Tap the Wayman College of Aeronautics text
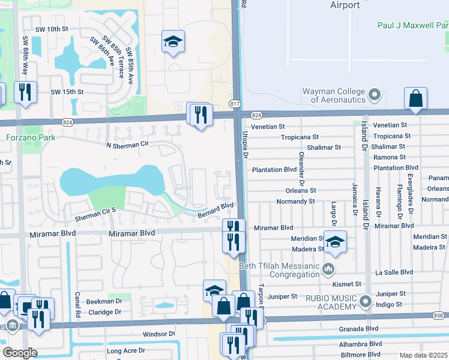pyautogui.click(x=334, y=95)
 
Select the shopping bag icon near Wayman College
pyautogui.click(x=415, y=98)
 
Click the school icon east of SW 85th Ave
pyautogui.click(x=173, y=41)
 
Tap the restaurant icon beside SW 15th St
pyautogui.click(x=25, y=92)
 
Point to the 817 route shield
pyautogui.click(x=234, y=103)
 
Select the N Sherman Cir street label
pyautogui.click(x=127, y=145)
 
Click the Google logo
pyautogui.click(x=20, y=353)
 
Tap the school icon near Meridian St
pyautogui.click(x=335, y=241)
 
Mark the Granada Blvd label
pyautogui.click(x=359, y=329)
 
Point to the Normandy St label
pyautogui.click(x=295, y=202)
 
